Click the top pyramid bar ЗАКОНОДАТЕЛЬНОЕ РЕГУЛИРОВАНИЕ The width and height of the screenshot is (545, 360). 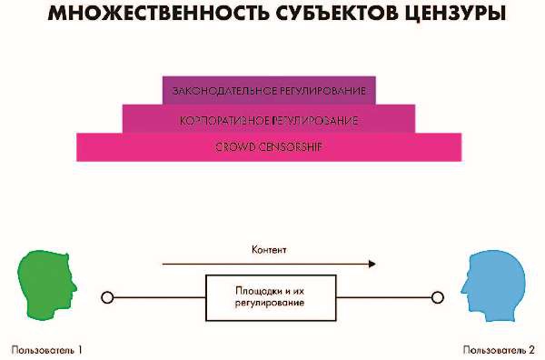click(x=269, y=91)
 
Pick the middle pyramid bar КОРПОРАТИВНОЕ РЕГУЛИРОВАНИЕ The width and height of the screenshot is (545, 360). click(x=269, y=119)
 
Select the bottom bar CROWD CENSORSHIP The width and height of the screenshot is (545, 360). click(x=269, y=146)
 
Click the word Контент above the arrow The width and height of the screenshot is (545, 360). click(x=269, y=249)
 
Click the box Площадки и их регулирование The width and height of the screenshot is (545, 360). click(x=269, y=296)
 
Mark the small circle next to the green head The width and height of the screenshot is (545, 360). click(x=107, y=296)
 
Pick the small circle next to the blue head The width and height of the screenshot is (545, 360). click(x=436, y=296)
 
